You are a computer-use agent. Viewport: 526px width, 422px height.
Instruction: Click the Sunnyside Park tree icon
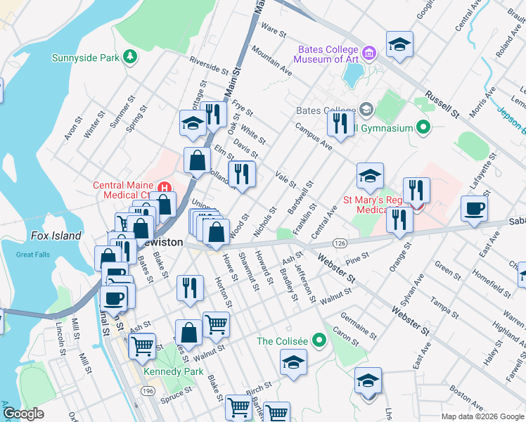(129, 56)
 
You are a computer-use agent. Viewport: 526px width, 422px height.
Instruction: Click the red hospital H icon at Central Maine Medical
(164, 187)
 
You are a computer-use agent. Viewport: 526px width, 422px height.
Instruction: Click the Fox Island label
(56, 236)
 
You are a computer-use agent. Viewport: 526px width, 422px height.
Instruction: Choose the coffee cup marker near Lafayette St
(475, 209)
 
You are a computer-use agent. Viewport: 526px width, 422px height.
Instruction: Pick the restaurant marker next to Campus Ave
(340, 124)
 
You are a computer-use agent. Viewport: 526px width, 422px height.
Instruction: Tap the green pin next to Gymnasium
(423, 128)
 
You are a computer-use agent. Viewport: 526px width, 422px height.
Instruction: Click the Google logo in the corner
(23, 414)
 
